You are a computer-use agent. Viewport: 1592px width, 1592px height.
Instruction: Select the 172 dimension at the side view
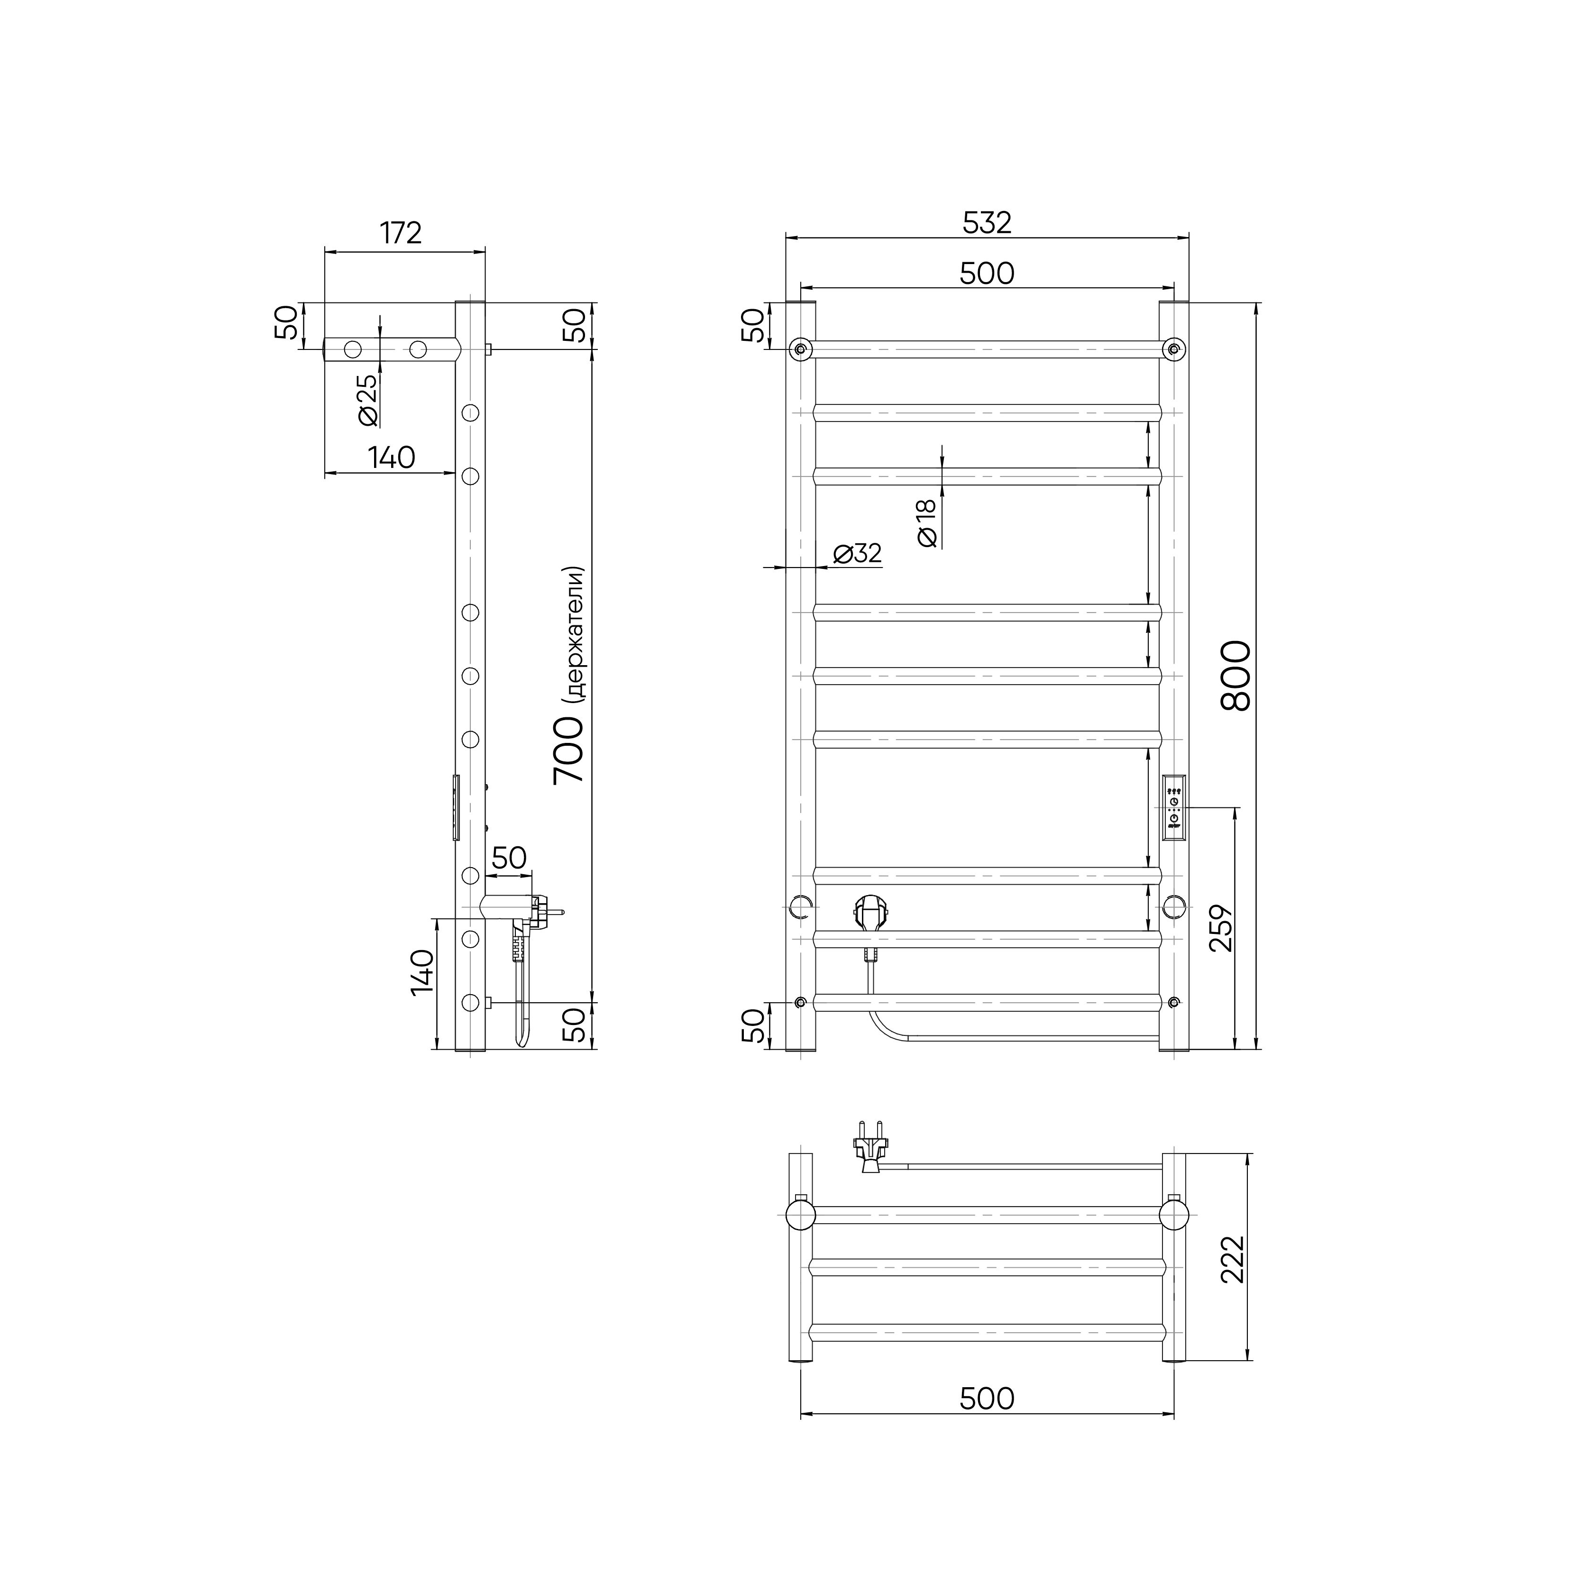[x=401, y=233]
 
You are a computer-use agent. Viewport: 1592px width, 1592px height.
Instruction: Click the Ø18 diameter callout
[x=926, y=523]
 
